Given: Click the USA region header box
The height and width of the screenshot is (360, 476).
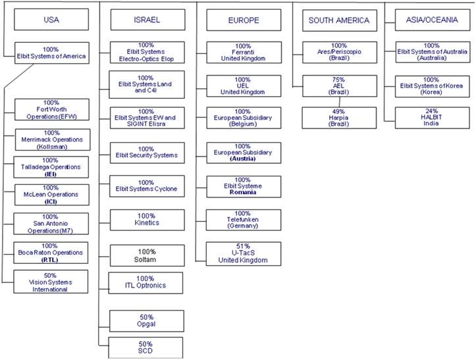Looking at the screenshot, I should coord(51,20).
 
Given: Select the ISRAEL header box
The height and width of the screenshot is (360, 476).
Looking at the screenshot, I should coord(145,20).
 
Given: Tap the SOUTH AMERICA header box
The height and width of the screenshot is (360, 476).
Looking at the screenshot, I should coord(339,20).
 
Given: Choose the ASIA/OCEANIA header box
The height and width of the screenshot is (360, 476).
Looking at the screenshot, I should coord(431,20).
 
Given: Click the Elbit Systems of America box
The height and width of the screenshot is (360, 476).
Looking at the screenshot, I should coord(51,53).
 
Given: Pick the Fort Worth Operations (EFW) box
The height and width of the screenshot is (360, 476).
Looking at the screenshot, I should coord(50,109).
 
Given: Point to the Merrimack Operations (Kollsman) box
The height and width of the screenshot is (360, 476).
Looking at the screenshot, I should coord(50,140).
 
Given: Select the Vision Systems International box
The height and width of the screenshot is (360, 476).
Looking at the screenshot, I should coord(50,282).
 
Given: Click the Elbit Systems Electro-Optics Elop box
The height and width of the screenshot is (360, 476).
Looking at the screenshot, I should coord(145,51).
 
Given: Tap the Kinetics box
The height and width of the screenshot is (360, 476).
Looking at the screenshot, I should coord(145,219).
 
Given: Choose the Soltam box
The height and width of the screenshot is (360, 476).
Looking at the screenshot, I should coord(145,255).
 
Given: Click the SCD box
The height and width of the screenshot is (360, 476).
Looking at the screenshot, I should coord(145,347).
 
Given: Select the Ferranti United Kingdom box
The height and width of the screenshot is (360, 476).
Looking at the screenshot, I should coord(243,52).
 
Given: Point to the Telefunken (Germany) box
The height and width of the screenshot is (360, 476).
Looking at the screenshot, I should coord(243,219).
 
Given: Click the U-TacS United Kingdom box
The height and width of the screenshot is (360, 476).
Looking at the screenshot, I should coord(243,253).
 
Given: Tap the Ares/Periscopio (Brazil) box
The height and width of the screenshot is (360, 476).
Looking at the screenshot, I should coord(339,52).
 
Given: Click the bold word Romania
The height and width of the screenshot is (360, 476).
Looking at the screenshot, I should coord(243,193).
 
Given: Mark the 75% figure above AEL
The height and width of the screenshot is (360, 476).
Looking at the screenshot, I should coord(339,79).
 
